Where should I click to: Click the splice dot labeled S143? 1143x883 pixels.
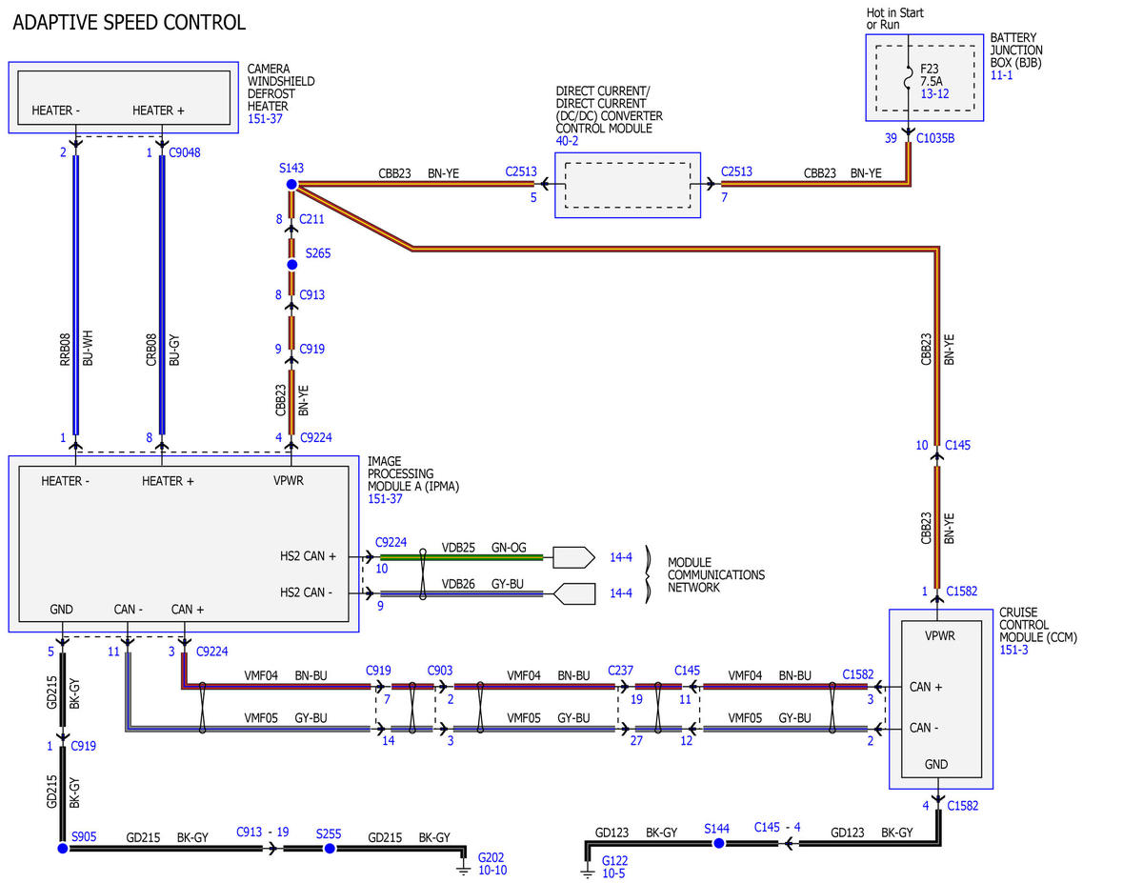click(x=291, y=185)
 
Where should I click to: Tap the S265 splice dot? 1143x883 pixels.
click(x=291, y=265)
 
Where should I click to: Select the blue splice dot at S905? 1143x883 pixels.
click(x=63, y=849)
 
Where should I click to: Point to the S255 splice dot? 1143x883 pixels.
click(x=330, y=849)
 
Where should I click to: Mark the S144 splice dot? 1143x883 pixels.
click(x=718, y=844)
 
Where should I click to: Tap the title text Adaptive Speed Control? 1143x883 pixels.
click(x=130, y=23)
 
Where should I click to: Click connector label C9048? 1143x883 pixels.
click(x=184, y=152)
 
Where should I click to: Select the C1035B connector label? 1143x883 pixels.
click(x=935, y=138)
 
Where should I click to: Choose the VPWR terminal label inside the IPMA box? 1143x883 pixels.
click(x=289, y=481)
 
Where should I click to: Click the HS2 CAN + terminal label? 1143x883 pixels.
click(x=308, y=556)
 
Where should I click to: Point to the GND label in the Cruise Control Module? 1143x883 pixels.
click(x=936, y=764)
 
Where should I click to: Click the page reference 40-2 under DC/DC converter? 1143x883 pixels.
click(x=567, y=141)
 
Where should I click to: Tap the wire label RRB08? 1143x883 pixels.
click(x=65, y=350)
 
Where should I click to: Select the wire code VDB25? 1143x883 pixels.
click(x=458, y=548)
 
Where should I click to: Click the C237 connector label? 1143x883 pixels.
click(x=621, y=671)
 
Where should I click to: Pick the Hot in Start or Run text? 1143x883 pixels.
click(x=894, y=18)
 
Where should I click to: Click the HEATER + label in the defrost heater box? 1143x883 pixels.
click(x=158, y=110)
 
